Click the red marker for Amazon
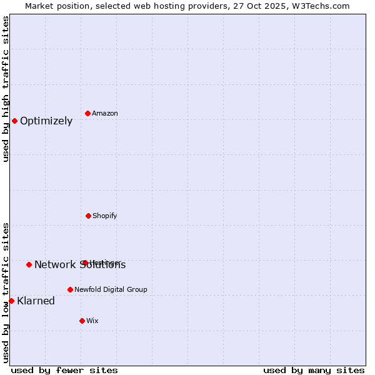pyautogui.click(x=87, y=113)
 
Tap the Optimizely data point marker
pyautogui.click(x=14, y=121)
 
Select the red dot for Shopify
pyautogui.click(x=88, y=216)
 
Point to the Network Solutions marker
pyautogui.click(x=29, y=264)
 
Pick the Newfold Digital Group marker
pyautogui.click(x=70, y=289)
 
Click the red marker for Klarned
pyautogui.click(x=11, y=301)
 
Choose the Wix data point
pyautogui.click(x=82, y=321)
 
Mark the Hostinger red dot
pyautogui.click(x=84, y=262)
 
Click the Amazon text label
pyautogui.click(x=105, y=113)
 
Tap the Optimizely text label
pyautogui.click(x=46, y=121)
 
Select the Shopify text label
pyautogui.click(x=105, y=216)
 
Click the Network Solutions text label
pyautogui.click(x=80, y=265)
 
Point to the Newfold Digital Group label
pyautogui.click(x=111, y=289)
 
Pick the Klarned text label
pyautogui.click(x=36, y=301)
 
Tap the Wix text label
pyautogui.click(x=92, y=321)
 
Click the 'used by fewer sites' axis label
pyautogui.click(x=64, y=370)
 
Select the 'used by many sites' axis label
pyautogui.click(x=314, y=370)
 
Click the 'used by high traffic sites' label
pyautogui.click(x=6, y=89)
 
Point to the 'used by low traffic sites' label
pyautogui.click(x=6, y=292)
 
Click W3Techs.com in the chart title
pyautogui.click(x=319, y=6)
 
